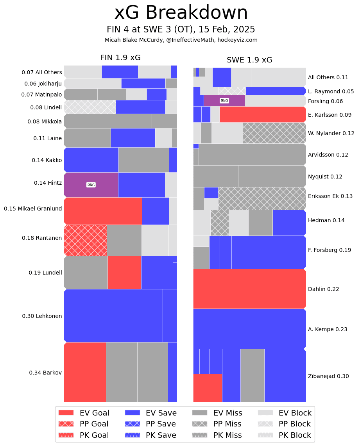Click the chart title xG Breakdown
click(181, 13)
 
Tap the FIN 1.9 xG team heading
click(120, 58)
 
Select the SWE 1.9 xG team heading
click(249, 60)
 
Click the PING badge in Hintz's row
click(91, 185)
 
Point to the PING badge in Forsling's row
click(224, 101)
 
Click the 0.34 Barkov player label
click(45, 373)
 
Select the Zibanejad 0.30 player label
click(328, 376)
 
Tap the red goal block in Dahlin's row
click(249, 289)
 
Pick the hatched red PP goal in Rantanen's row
click(85, 240)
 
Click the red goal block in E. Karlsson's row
click(262, 114)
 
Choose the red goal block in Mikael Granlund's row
click(103, 211)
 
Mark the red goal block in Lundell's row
click(124, 272)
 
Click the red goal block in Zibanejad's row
click(208, 388)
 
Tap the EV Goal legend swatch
click(66, 413)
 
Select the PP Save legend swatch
click(132, 424)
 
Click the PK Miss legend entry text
click(227, 435)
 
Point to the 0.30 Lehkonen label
click(42, 316)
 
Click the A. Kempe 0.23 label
click(328, 329)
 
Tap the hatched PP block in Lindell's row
click(90, 107)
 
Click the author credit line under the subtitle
click(181, 40)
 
